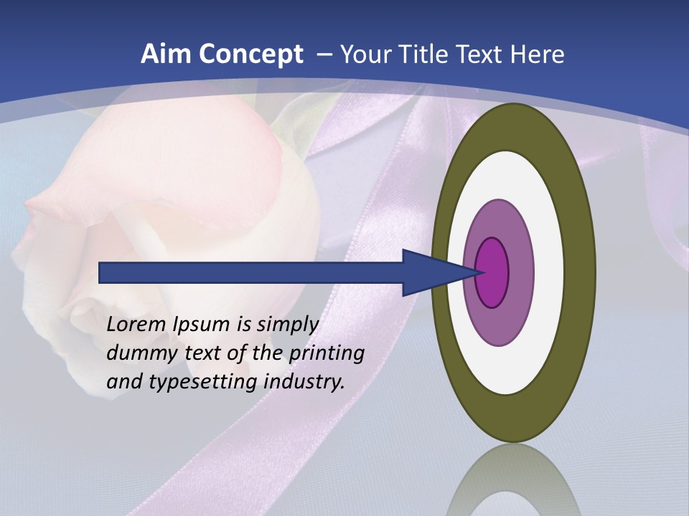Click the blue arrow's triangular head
(x=431, y=273)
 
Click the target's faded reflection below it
(x=512, y=480)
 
